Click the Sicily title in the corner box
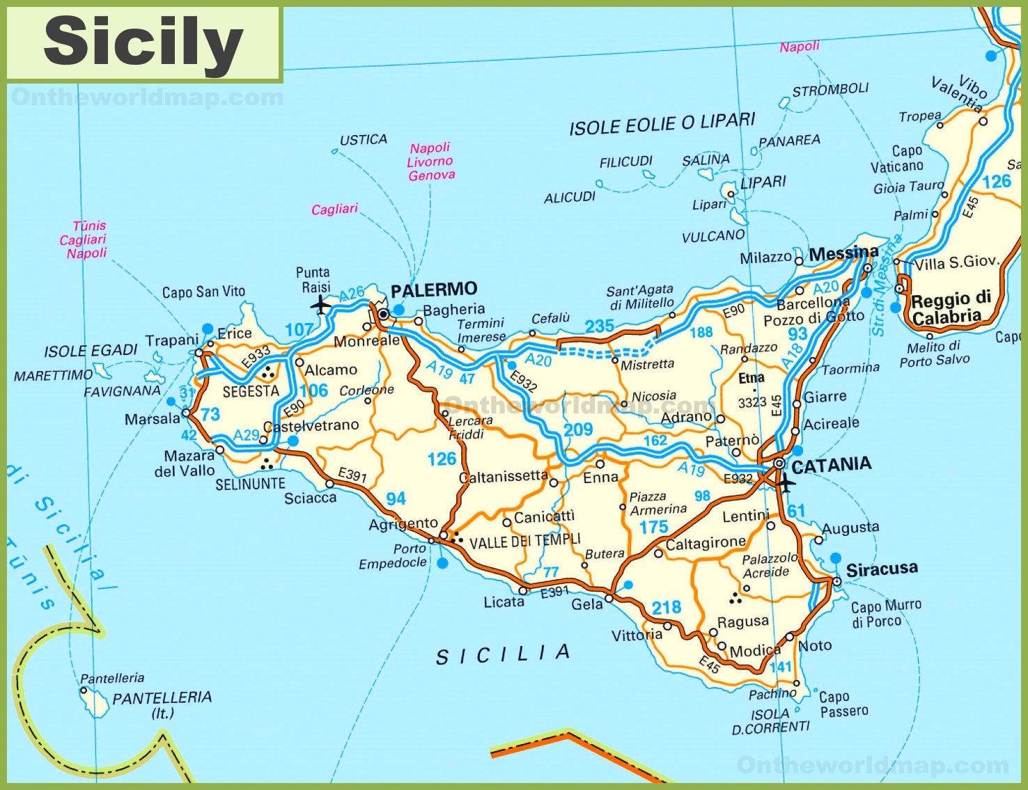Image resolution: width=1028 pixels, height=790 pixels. click(143, 42)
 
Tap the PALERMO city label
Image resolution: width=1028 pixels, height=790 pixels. click(434, 290)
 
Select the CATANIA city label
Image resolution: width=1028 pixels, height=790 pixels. click(831, 466)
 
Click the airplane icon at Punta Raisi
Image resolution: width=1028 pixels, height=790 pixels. click(321, 305)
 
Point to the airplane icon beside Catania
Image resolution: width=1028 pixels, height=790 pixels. click(786, 482)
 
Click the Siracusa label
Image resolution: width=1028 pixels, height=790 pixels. click(881, 569)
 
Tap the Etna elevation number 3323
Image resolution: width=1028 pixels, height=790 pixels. click(751, 402)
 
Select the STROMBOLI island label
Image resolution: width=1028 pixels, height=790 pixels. click(830, 90)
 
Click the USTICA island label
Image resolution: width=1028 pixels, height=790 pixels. click(363, 140)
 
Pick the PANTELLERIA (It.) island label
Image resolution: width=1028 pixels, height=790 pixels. click(162, 704)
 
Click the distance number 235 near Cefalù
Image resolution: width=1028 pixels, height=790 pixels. click(599, 326)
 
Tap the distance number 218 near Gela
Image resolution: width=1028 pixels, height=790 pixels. click(666, 608)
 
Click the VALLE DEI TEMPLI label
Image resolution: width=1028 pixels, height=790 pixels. click(524, 542)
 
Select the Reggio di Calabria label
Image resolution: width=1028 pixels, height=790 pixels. click(950, 308)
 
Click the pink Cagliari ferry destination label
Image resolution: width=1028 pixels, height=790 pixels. click(334, 209)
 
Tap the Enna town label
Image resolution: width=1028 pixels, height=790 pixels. click(600, 477)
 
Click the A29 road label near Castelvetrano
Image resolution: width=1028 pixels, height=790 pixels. click(246, 436)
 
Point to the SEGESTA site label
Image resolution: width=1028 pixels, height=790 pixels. click(251, 391)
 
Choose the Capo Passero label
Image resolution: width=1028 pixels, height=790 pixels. click(843, 704)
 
